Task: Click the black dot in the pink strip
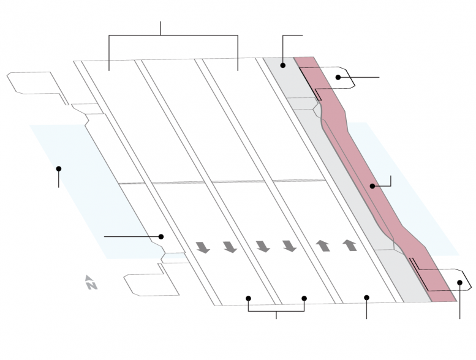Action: coord(372,186)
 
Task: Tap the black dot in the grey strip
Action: coord(283,66)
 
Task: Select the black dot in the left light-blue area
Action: coord(59,168)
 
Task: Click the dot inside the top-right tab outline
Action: coord(338,77)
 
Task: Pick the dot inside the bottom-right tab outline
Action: coord(459,283)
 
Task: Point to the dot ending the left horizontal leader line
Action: coord(161,236)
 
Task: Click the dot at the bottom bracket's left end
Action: coord(248,298)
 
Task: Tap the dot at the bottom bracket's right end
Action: coord(304,298)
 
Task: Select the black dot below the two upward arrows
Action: coord(367,298)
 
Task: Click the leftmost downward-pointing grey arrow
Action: coord(203,247)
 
